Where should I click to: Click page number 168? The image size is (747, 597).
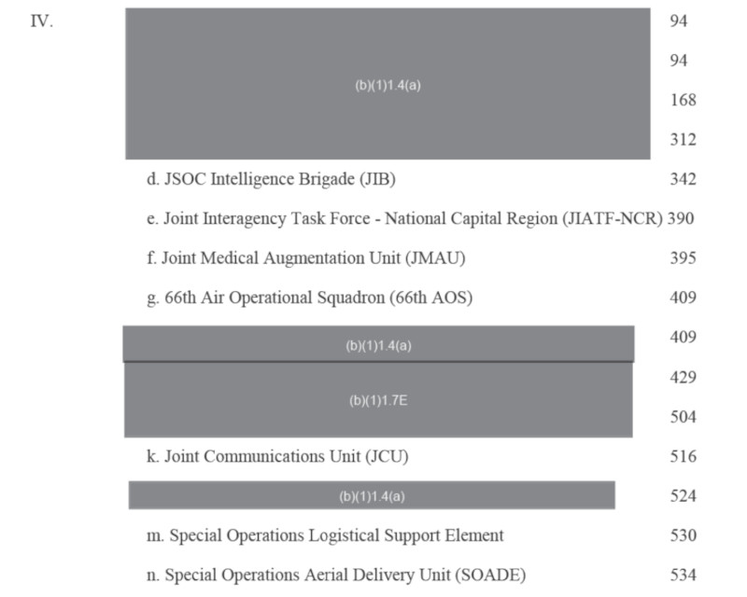point(683,100)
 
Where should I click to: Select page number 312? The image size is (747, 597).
point(683,140)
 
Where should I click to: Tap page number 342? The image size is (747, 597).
point(683,179)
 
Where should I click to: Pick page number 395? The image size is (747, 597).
point(683,258)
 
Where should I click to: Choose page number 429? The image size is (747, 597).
point(683,378)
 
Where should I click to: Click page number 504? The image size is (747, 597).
point(683,417)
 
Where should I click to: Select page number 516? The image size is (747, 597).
point(683,457)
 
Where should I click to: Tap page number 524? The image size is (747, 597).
point(683,496)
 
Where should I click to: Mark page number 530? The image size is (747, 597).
point(683,535)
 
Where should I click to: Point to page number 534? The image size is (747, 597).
point(683,575)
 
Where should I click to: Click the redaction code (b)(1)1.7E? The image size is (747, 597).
point(378,401)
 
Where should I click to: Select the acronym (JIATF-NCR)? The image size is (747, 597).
point(612,219)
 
